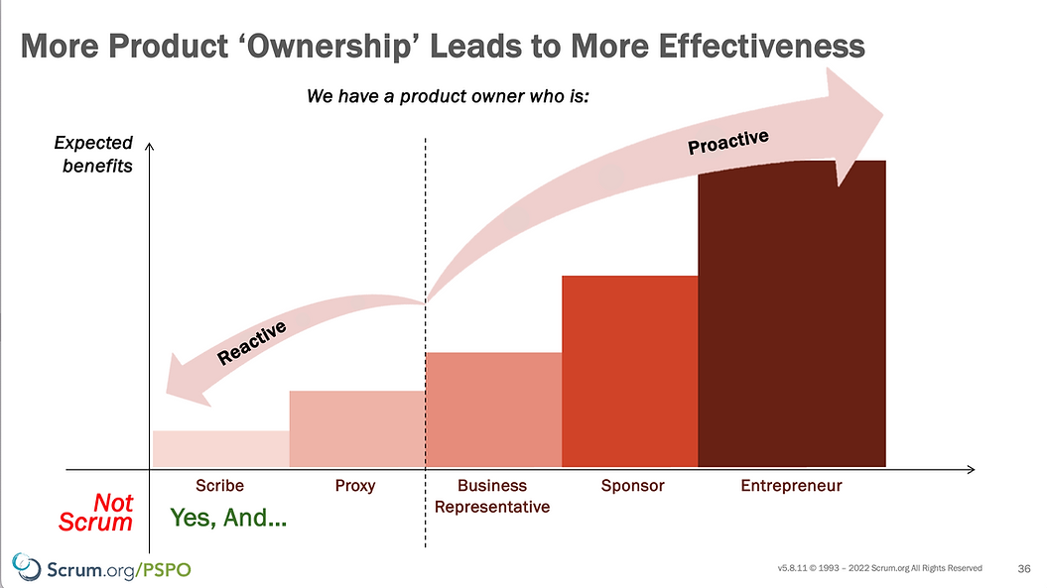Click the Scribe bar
(x=220, y=448)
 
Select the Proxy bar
(x=357, y=428)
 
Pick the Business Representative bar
(x=493, y=409)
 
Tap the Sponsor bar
(x=630, y=371)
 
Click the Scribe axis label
(x=219, y=486)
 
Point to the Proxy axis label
(x=355, y=486)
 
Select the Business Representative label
(x=492, y=496)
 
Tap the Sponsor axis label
(x=632, y=486)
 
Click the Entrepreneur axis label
(x=791, y=486)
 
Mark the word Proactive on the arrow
(x=728, y=142)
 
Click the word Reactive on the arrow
(x=252, y=342)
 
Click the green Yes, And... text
(x=228, y=517)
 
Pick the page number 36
(x=1024, y=568)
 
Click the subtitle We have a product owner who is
(x=449, y=98)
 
